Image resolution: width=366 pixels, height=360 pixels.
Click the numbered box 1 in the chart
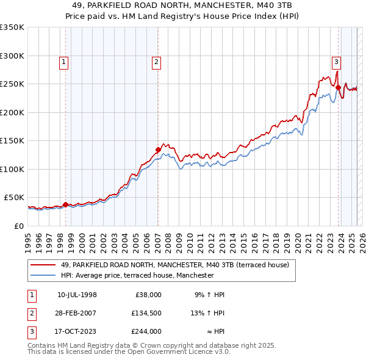coord(64,61)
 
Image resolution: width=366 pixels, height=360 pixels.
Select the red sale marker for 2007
coord(158,149)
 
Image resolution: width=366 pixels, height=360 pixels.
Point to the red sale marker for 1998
coord(65,204)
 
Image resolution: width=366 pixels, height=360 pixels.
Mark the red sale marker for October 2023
coord(338,87)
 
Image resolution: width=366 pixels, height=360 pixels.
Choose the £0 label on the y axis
coord(19,226)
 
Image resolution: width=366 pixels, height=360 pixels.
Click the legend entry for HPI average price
coord(137,276)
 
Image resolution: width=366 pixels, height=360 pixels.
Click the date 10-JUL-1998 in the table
coord(77,294)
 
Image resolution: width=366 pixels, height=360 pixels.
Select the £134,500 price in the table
coord(146,313)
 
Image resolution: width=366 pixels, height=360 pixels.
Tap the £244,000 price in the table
coord(146,332)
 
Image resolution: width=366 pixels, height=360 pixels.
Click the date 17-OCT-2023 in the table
coord(77,332)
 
